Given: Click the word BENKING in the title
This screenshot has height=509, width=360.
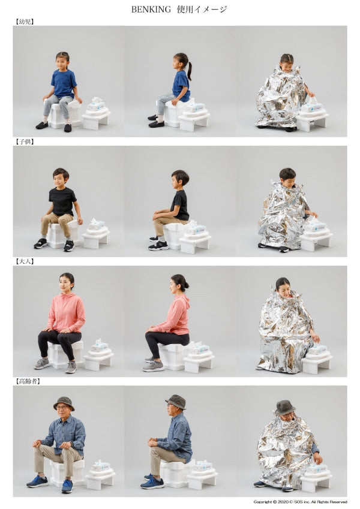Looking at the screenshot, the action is click(x=151, y=10).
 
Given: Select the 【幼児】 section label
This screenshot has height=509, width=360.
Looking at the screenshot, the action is click(x=25, y=22).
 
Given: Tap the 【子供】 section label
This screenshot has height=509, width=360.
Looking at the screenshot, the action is click(x=25, y=141).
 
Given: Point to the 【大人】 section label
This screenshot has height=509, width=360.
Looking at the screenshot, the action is click(x=25, y=261).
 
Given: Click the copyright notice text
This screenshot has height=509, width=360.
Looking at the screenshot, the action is click(x=300, y=502).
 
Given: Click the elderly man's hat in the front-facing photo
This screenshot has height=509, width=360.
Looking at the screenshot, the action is click(x=64, y=402).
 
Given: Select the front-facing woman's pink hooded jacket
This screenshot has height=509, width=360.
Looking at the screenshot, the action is click(x=66, y=314).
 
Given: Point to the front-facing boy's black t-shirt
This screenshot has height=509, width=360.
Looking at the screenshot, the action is click(x=62, y=201).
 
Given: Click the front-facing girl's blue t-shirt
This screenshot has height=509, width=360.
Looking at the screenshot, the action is click(x=64, y=83).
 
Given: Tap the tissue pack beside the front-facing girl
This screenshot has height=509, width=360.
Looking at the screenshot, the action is click(x=97, y=103).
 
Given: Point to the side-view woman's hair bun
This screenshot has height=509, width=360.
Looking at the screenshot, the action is click(x=187, y=285).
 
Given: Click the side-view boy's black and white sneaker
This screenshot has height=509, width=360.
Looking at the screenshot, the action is click(x=158, y=246).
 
